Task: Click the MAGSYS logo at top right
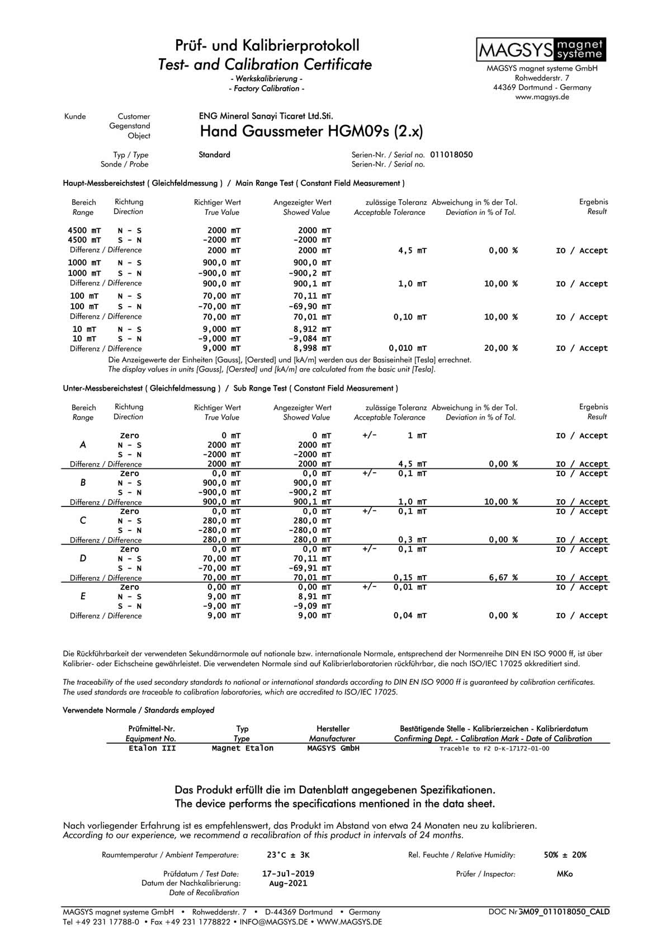pos(541,50)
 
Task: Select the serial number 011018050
pos(451,154)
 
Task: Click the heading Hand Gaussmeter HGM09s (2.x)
pos(311,132)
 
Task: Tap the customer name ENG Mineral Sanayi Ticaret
pos(266,116)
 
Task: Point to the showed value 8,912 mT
pos(312,329)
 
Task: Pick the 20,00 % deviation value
pos(500,348)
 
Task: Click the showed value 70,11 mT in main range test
pos(312,296)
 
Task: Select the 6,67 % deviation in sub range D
pos(503,577)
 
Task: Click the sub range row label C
pos(83,520)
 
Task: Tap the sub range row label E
pos(83,596)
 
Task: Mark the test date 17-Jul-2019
pos(288,873)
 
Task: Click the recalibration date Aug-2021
pos(288,884)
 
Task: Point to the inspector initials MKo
pos(565,873)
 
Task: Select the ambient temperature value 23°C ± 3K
pos(288,855)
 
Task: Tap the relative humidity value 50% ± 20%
pos(565,855)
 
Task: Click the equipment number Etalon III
pos(152,748)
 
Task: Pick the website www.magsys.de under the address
pos(542,97)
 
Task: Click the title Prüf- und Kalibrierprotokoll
pos(267,45)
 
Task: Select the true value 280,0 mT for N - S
pos(221,521)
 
